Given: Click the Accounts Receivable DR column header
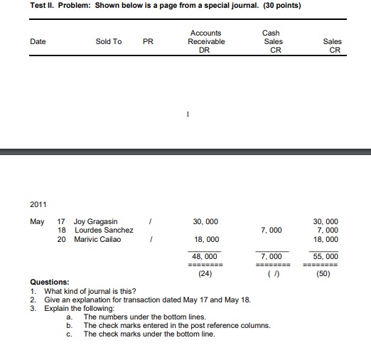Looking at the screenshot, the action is click(x=205, y=41).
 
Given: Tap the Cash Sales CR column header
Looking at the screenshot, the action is click(x=271, y=41).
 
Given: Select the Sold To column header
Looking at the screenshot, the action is click(x=108, y=41).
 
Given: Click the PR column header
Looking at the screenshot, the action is click(x=148, y=41).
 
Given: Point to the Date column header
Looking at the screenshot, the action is click(x=38, y=41).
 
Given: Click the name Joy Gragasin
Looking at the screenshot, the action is click(x=96, y=221).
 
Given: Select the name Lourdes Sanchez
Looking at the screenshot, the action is click(x=104, y=230).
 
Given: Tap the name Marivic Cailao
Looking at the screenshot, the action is click(x=97, y=239).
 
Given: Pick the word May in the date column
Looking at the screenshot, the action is click(x=37, y=221).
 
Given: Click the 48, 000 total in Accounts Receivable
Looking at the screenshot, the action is click(x=205, y=255).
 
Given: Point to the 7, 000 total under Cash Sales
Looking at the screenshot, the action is click(x=271, y=255).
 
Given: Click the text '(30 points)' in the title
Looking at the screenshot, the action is click(x=278, y=6).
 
